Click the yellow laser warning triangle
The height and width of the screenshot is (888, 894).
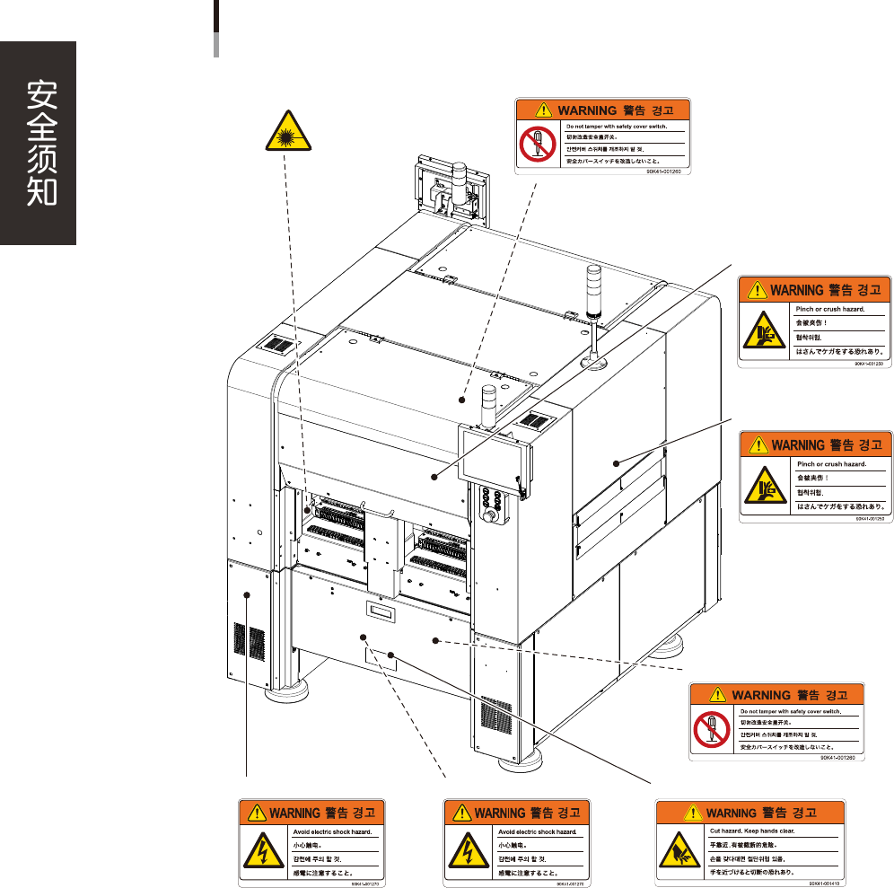287,136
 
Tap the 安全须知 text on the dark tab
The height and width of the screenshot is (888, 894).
38,144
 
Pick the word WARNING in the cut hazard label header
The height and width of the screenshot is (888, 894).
731,813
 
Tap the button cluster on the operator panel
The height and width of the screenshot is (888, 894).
491,497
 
